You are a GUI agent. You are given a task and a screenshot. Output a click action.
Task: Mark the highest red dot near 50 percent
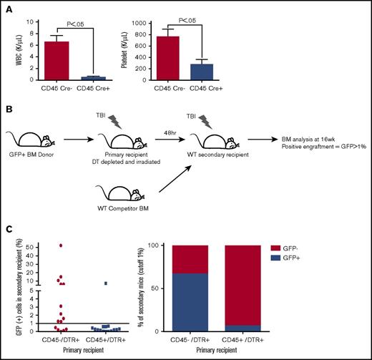[61, 245]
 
